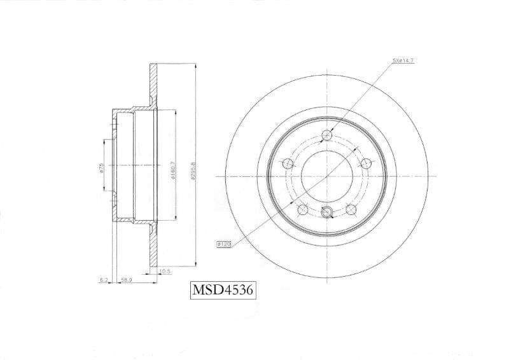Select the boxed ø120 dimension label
click(224, 243)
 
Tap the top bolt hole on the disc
click(327, 135)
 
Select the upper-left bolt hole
click(288, 163)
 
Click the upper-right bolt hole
click(366, 163)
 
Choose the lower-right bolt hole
click(351, 208)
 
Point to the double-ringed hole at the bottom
click(327, 212)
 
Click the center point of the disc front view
click(327, 176)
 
